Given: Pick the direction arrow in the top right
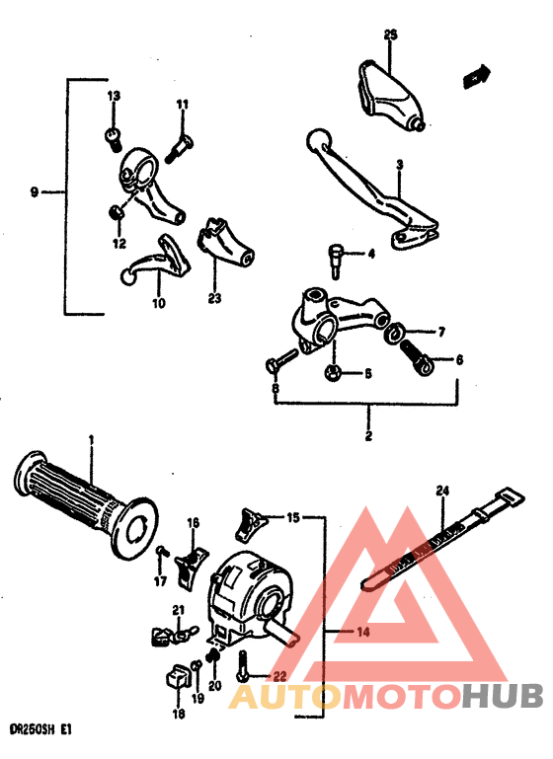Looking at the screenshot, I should pyautogui.click(x=479, y=75).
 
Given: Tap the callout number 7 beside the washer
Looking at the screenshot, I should pyautogui.click(x=441, y=333).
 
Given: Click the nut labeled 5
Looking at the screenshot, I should pyautogui.click(x=333, y=373).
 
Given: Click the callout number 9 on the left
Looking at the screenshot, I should pyautogui.click(x=35, y=192).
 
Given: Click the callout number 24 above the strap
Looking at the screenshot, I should pyautogui.click(x=441, y=491).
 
